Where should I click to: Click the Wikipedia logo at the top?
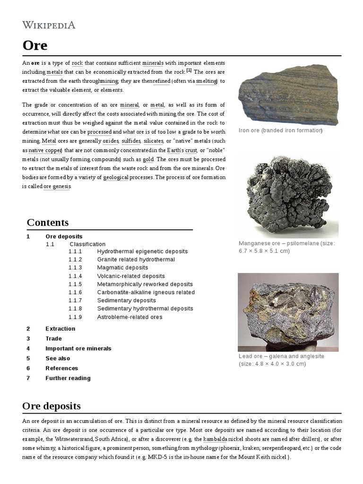point(49,25)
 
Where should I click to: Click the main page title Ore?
point(35,45)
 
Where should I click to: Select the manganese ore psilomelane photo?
point(288,196)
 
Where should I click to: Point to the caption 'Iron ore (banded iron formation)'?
point(280,130)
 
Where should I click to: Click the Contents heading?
point(48,222)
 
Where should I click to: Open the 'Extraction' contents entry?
point(60,328)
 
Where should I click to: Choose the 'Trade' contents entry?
point(53,338)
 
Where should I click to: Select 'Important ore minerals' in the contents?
point(78,348)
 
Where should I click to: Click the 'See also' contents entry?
point(58,358)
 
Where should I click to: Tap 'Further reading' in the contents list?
point(68,378)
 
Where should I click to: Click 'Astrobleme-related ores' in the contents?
point(130,317)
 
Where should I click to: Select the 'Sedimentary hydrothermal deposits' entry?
point(145,309)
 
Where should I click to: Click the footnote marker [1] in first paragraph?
point(189,70)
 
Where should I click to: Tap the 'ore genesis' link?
point(57,187)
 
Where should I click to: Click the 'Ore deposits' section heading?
point(52,406)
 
